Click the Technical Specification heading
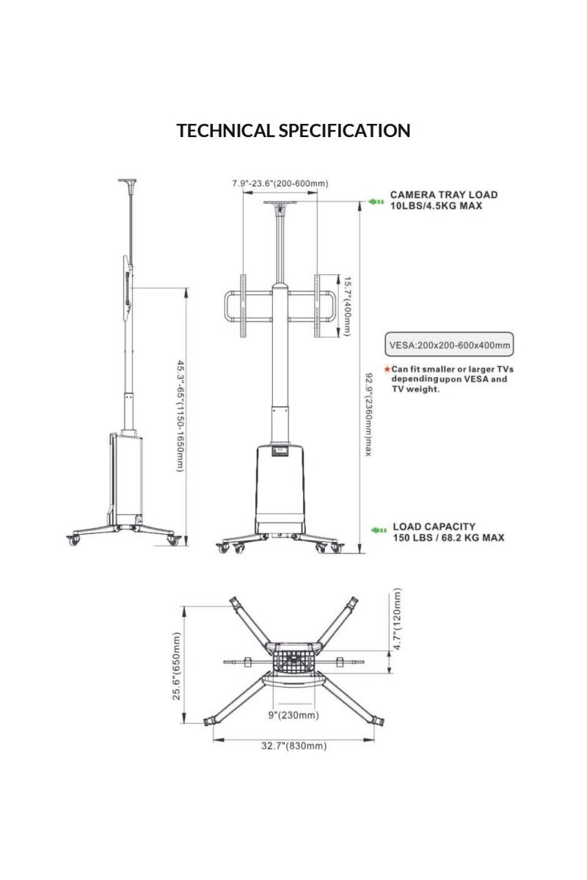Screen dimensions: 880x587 tap(293, 131)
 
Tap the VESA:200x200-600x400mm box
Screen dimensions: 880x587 tap(448, 344)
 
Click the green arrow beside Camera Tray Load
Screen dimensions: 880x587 tap(376, 201)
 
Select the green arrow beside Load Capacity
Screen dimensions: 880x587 tap(378, 530)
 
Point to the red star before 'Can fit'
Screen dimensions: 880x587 tap(387, 369)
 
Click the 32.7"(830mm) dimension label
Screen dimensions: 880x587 tap(293, 746)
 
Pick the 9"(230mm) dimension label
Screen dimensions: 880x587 tap(293, 715)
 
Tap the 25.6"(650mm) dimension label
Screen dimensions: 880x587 tap(177, 666)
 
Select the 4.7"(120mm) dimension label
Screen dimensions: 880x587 tap(397, 619)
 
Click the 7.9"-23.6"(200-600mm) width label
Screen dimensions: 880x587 tap(280, 183)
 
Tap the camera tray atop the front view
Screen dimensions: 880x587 tap(280, 205)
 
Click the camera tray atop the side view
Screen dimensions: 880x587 tap(130, 180)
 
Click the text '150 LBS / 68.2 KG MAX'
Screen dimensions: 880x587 tap(448, 538)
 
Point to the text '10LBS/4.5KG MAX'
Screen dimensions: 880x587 tap(436, 206)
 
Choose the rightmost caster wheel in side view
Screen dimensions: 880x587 tap(174, 540)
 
